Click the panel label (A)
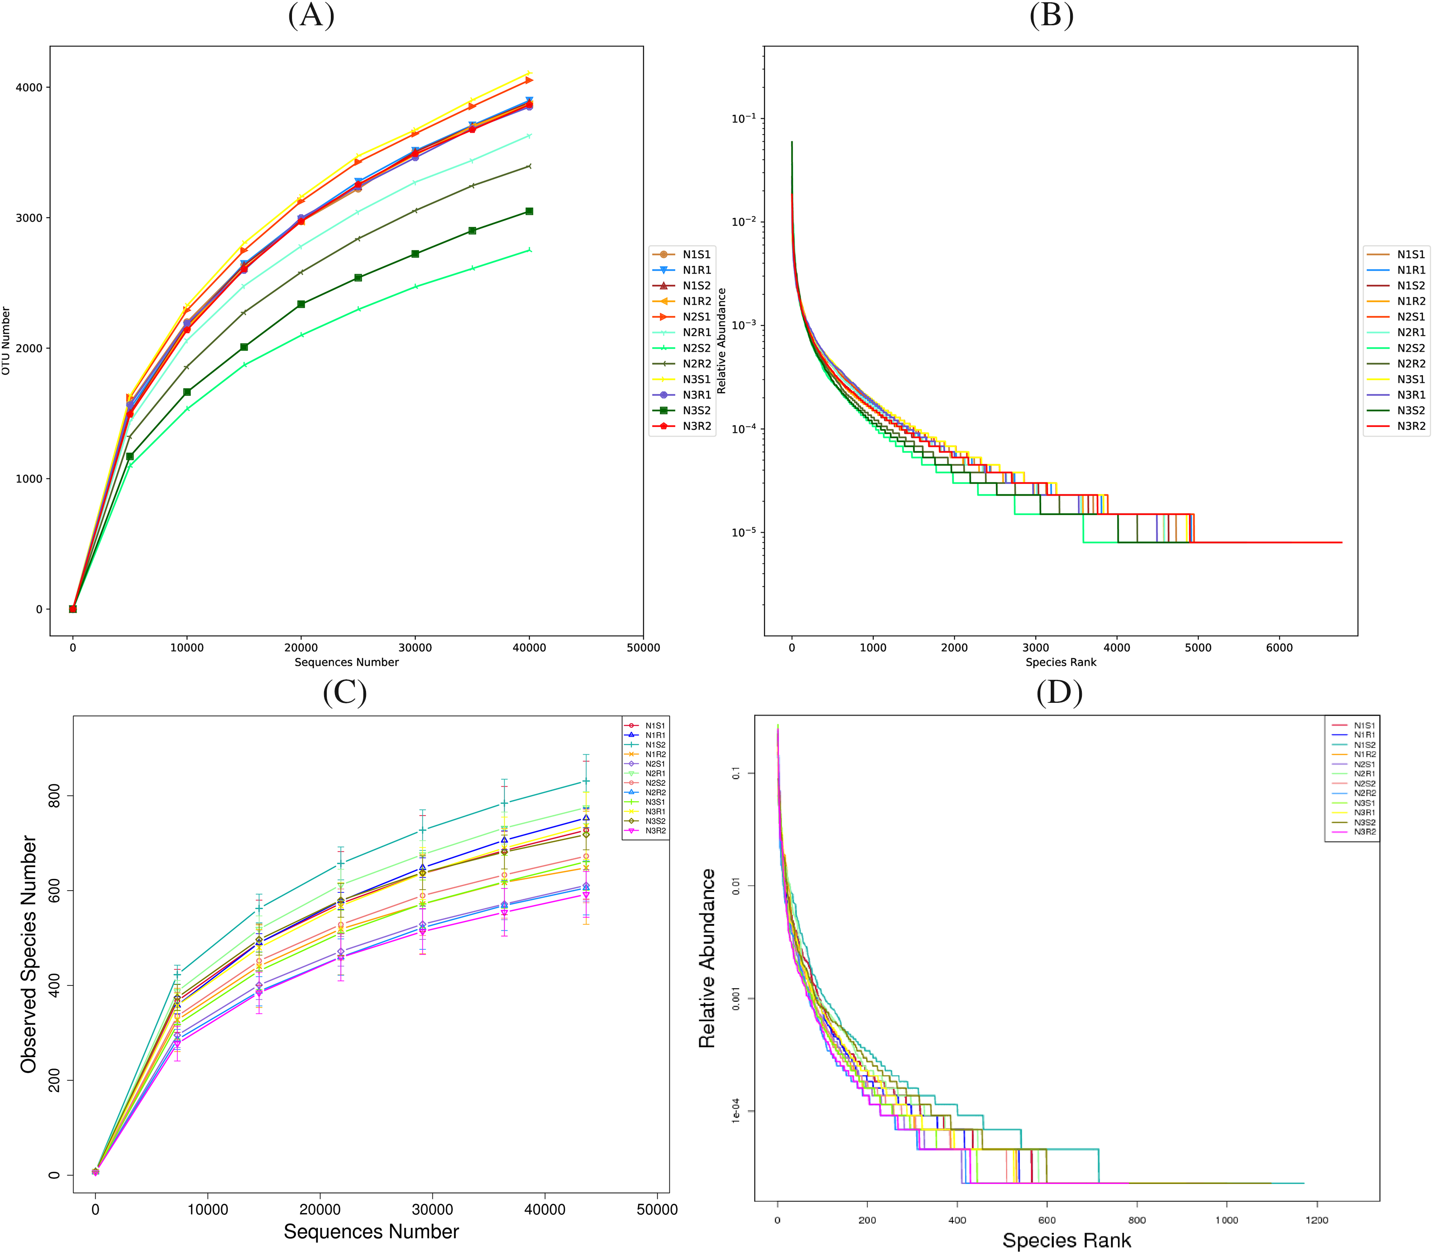[x=311, y=15]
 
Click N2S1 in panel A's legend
[x=696, y=317]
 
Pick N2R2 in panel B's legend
[x=1410, y=364]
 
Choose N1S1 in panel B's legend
[x=1410, y=255]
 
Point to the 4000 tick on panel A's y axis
[x=29, y=88]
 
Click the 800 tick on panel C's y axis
[x=54, y=796]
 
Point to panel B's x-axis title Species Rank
[x=1060, y=662]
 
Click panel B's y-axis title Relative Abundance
[x=721, y=341]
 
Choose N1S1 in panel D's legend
[x=1364, y=726]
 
